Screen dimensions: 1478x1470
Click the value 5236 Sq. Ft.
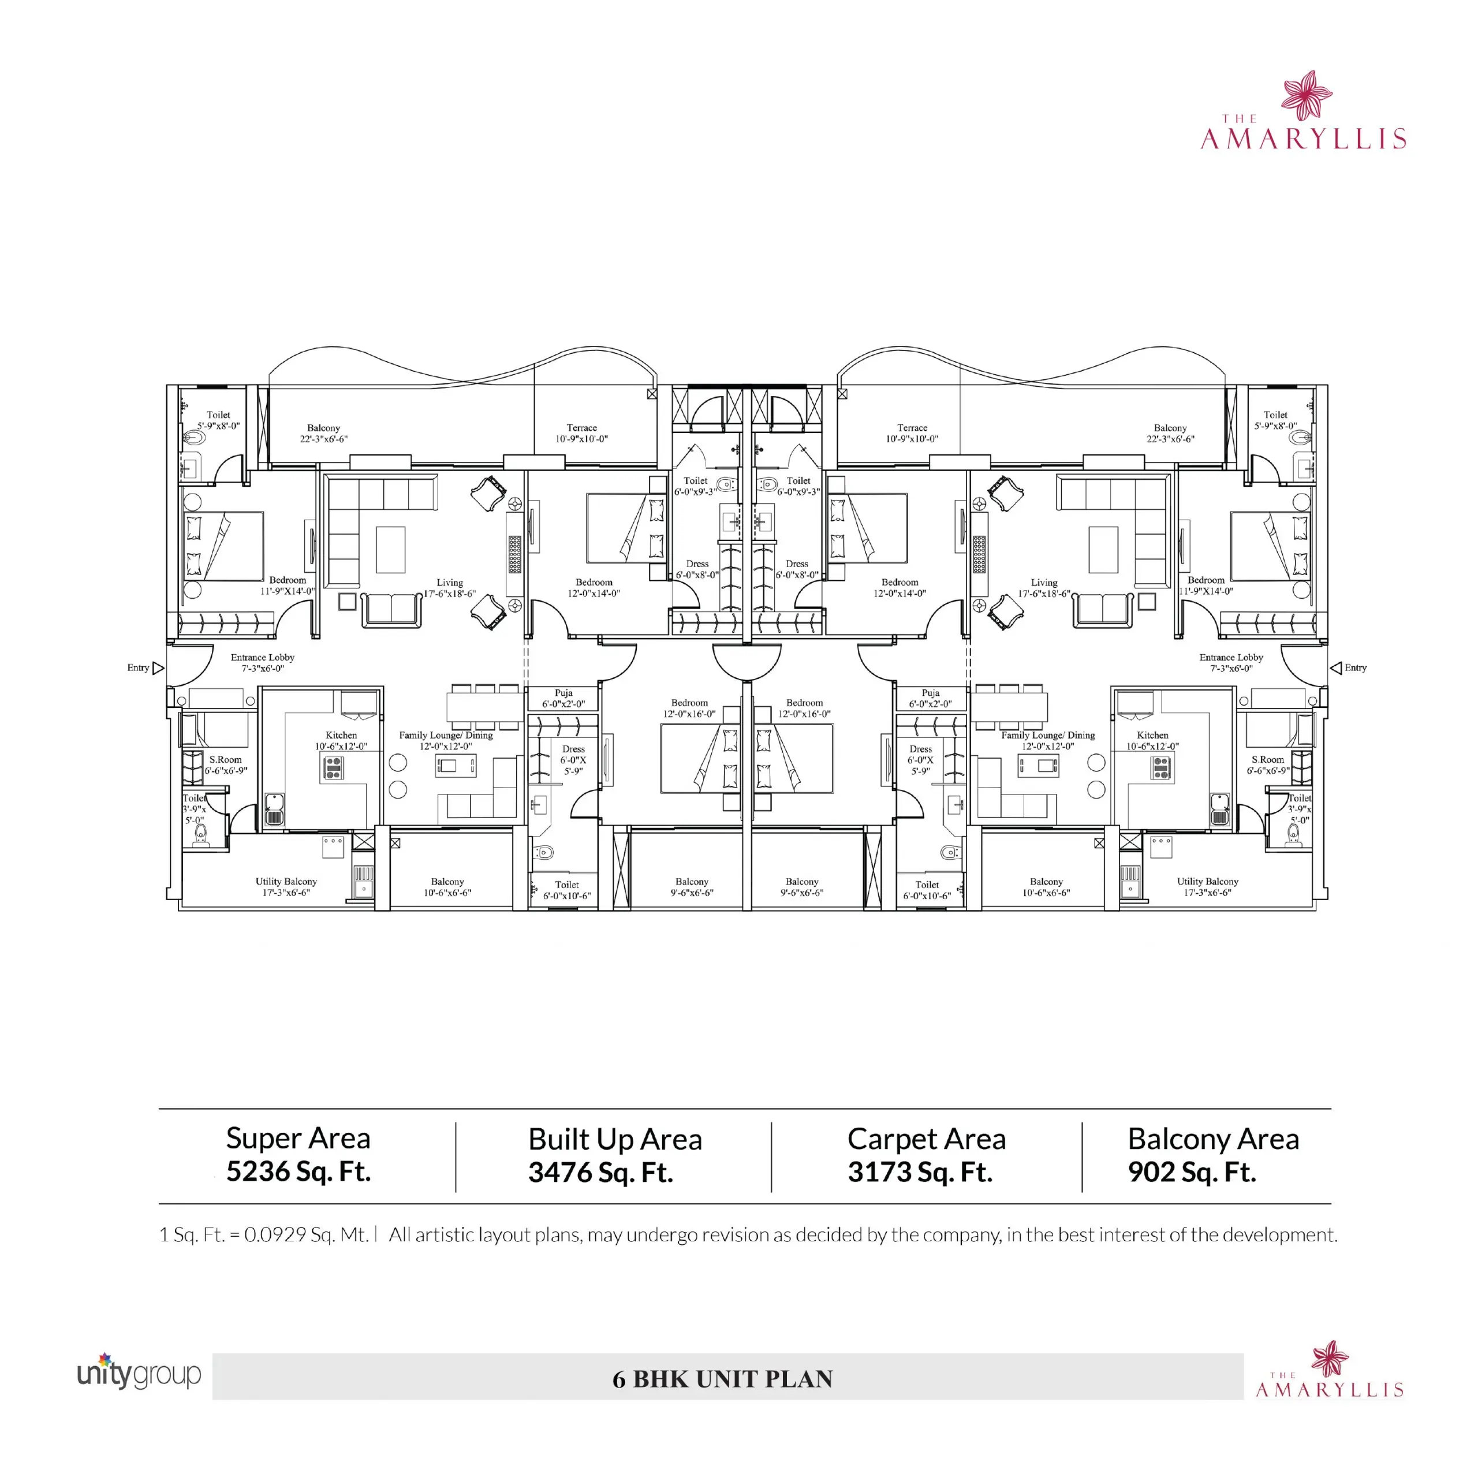pyautogui.click(x=298, y=1171)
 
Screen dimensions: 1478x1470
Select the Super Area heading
pyautogui.click(x=298, y=1139)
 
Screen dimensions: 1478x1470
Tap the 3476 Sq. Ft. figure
pyautogui.click(x=600, y=1172)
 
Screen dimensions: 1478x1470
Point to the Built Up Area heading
pyautogui.click(x=615, y=1139)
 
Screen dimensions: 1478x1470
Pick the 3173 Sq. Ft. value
pyautogui.click(x=920, y=1172)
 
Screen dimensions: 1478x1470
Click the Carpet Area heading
pyautogui.click(x=927, y=1139)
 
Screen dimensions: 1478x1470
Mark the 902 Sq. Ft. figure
pyautogui.click(x=1192, y=1172)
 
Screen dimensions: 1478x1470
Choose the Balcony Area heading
pyautogui.click(x=1214, y=1139)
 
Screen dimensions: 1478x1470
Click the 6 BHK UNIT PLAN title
pyautogui.click(x=722, y=1379)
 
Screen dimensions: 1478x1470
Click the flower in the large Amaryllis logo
pyautogui.click(x=1307, y=95)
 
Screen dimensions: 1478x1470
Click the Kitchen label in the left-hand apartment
pyautogui.click(x=341, y=734)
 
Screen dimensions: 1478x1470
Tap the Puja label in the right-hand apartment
pyautogui.click(x=930, y=692)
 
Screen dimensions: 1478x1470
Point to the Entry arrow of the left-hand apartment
pyautogui.click(x=158, y=668)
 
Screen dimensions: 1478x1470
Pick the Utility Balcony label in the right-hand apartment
pyautogui.click(x=1207, y=882)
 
